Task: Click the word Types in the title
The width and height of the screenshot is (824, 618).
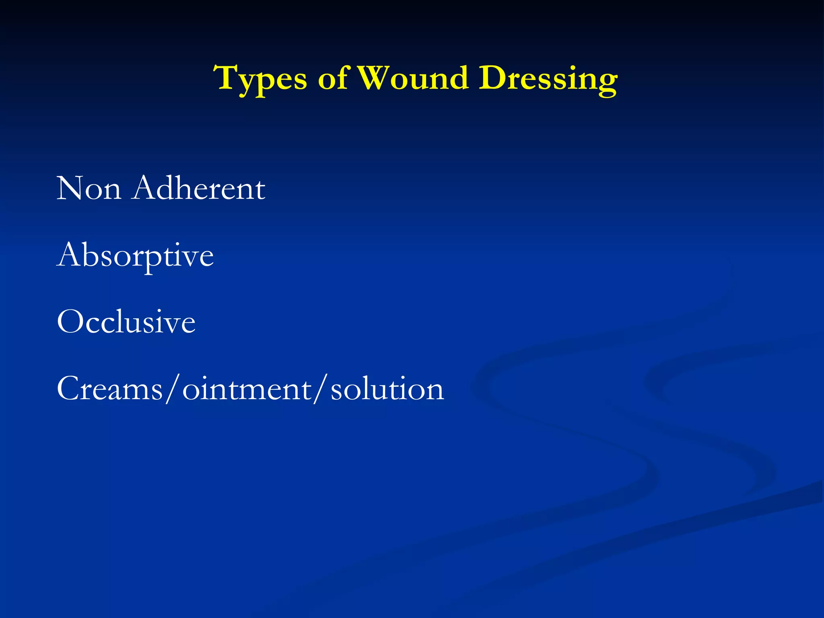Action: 260,79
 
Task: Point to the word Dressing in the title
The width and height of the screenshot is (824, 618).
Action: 548,79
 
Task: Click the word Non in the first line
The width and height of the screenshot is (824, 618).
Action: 89,188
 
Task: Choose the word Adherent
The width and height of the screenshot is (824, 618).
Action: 199,188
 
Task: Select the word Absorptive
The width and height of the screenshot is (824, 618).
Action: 135,255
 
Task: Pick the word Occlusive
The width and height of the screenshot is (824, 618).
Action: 126,322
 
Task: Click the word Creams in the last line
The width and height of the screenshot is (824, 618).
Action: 109,389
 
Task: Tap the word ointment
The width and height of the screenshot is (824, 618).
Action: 247,389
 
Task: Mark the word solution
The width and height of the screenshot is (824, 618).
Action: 387,389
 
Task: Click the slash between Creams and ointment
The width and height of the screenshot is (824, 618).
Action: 172,389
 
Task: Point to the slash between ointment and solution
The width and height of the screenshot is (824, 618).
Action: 321,389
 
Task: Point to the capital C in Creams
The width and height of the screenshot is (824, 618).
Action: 69,389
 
